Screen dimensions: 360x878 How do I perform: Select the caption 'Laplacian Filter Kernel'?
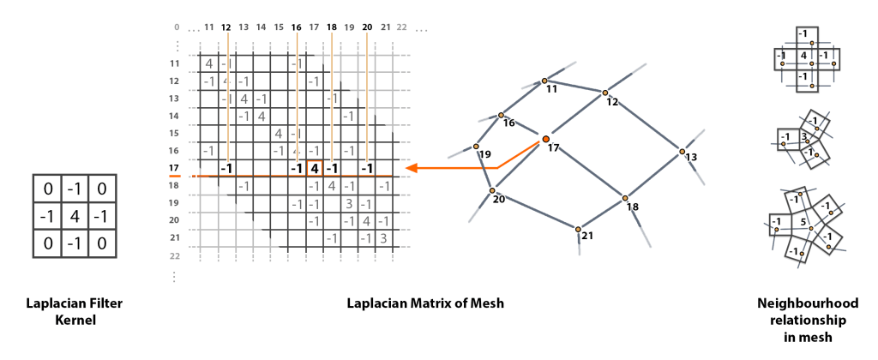(x=75, y=311)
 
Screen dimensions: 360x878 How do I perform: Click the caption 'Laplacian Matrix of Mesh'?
(x=425, y=303)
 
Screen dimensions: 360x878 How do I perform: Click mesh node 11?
(x=544, y=82)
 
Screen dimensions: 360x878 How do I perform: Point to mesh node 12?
(x=604, y=93)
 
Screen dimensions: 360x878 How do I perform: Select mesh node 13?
(x=683, y=152)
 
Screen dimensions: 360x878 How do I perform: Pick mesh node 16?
(x=501, y=115)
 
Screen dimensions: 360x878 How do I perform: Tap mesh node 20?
(x=492, y=191)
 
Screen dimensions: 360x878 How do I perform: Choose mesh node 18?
(x=626, y=199)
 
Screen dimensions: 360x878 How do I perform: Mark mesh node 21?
(x=579, y=229)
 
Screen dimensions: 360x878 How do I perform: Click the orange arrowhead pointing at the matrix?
(x=412, y=168)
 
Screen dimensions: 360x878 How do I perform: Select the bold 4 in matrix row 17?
(x=315, y=168)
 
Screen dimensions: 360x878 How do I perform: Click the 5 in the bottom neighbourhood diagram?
(x=803, y=221)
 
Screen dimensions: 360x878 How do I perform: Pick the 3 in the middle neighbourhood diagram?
(x=803, y=135)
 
